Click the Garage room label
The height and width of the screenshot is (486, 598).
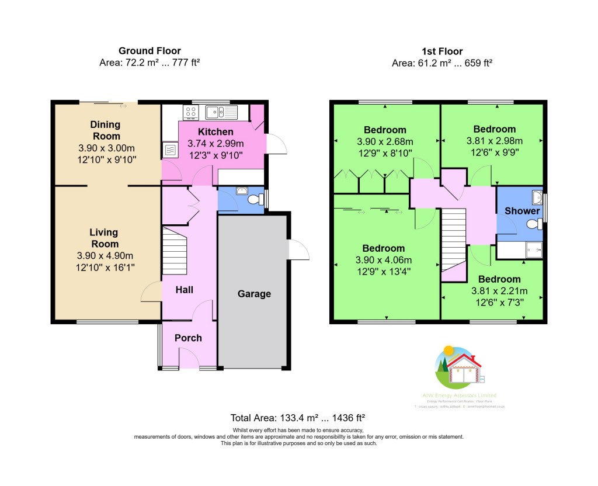(254, 294)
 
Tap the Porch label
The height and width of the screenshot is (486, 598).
(188, 338)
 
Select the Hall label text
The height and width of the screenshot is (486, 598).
(185, 290)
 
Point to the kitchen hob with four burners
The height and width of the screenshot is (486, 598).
(192, 111)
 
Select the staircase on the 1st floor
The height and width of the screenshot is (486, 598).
(453, 239)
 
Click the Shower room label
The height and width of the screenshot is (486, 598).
(522, 211)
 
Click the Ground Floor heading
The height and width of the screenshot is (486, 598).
(149, 51)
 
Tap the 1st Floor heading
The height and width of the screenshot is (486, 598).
(441, 51)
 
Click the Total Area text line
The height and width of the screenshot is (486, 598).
(298, 418)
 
